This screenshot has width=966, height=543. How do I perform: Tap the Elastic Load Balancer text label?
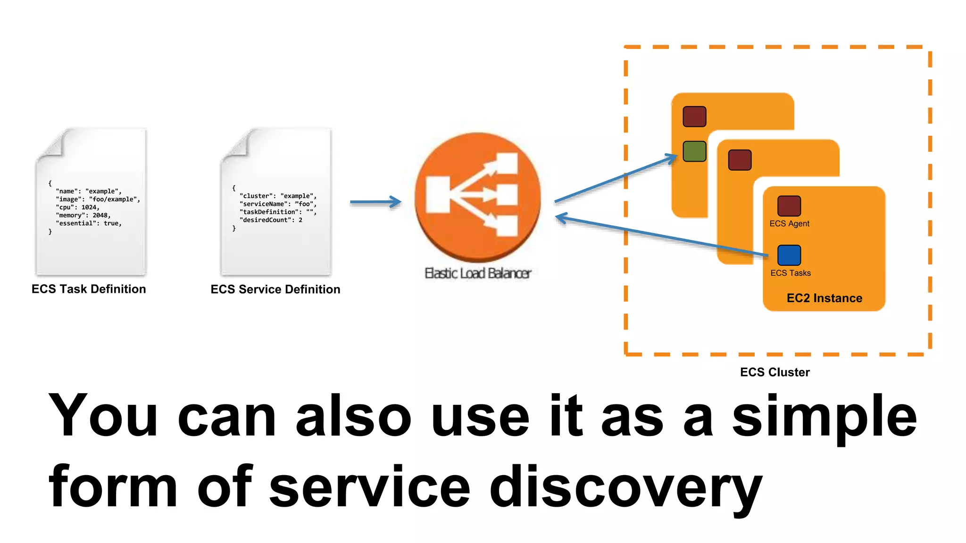[478, 273]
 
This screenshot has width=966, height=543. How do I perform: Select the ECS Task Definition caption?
[89, 289]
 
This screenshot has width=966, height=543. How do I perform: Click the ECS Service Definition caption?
[275, 289]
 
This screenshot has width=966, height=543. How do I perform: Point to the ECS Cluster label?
[774, 372]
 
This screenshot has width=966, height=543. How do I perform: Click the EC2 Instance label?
[824, 298]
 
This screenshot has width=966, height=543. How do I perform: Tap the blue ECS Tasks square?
[789, 255]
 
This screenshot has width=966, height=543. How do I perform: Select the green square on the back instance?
[694, 151]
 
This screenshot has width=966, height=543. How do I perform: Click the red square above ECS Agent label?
[789, 206]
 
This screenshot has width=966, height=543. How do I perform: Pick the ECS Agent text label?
[789, 224]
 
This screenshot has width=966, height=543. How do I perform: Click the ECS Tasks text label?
[791, 273]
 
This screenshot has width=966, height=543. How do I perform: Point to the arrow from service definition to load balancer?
[375, 202]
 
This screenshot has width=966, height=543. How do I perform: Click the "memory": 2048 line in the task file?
[83, 215]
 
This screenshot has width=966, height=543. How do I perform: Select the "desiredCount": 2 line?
[271, 220]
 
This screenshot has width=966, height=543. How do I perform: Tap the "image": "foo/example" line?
[98, 199]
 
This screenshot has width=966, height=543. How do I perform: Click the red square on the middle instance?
[740, 160]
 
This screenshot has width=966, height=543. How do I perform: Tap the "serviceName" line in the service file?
[278, 204]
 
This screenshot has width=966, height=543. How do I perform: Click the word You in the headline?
[103, 415]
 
